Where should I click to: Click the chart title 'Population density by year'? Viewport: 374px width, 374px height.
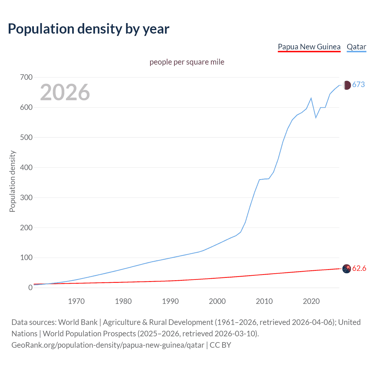pyautogui.click(x=89, y=29)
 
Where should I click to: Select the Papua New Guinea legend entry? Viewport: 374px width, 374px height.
pyautogui.click(x=309, y=47)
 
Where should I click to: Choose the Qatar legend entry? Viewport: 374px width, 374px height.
pyautogui.click(x=356, y=47)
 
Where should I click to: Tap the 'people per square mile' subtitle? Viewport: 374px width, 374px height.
pyautogui.click(x=187, y=62)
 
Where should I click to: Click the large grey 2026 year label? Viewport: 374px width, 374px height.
pyautogui.click(x=65, y=92)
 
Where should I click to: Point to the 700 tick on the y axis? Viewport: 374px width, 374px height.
pyautogui.click(x=26, y=77)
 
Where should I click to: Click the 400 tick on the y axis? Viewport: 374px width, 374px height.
pyautogui.click(x=26, y=168)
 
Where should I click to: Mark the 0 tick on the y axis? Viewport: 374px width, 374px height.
pyautogui.click(x=30, y=288)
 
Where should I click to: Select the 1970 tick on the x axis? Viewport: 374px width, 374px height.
pyautogui.click(x=76, y=301)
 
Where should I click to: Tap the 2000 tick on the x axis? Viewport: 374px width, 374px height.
pyautogui.click(x=217, y=301)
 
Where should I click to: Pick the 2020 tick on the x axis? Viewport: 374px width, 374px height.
pyautogui.click(x=311, y=301)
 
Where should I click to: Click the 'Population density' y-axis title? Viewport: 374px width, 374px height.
pyautogui.click(x=12, y=181)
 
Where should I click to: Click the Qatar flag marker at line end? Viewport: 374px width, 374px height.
pyautogui.click(x=347, y=85)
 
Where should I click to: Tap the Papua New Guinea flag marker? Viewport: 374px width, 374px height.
pyautogui.click(x=347, y=269)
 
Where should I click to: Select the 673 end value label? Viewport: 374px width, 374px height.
pyautogui.click(x=359, y=85)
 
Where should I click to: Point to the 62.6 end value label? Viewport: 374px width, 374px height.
pyautogui.click(x=359, y=269)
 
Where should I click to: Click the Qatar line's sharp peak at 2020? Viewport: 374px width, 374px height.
pyautogui.click(x=311, y=98)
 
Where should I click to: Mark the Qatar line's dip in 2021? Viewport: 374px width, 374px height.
pyautogui.click(x=316, y=117)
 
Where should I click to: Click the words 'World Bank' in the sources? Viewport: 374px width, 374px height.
pyautogui.click(x=78, y=322)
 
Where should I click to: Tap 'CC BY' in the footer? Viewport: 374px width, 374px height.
pyautogui.click(x=220, y=345)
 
